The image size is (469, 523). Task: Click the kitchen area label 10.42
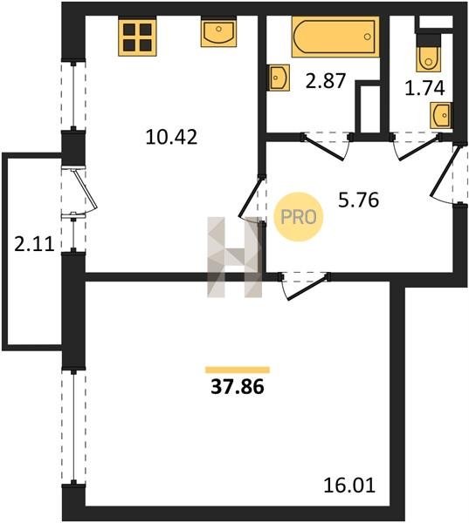point(171,137)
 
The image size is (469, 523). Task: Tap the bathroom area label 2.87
point(325,81)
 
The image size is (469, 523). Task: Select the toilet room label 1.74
point(424,88)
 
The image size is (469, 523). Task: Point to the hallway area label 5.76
point(359,200)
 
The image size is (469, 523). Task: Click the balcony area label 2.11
point(34,244)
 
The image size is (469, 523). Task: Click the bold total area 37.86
point(238,387)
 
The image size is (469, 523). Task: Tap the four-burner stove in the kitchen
point(137,37)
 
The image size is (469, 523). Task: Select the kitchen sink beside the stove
point(218,32)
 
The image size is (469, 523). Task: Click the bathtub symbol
point(335,37)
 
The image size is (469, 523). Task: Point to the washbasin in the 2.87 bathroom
point(279,78)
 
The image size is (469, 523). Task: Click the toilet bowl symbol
point(428,58)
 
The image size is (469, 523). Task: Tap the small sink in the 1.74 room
point(440,115)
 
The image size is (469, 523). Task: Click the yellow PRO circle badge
point(299,217)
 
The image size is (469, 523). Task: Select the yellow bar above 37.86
point(238,370)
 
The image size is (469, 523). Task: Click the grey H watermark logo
point(234,257)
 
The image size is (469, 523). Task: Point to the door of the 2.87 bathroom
point(327,147)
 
